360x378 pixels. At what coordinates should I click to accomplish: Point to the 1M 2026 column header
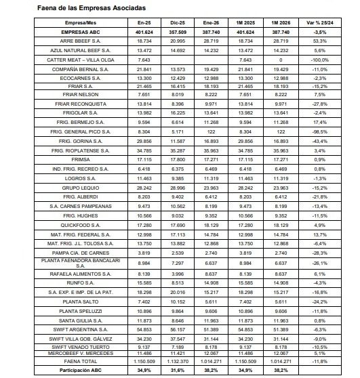point(282,22)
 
